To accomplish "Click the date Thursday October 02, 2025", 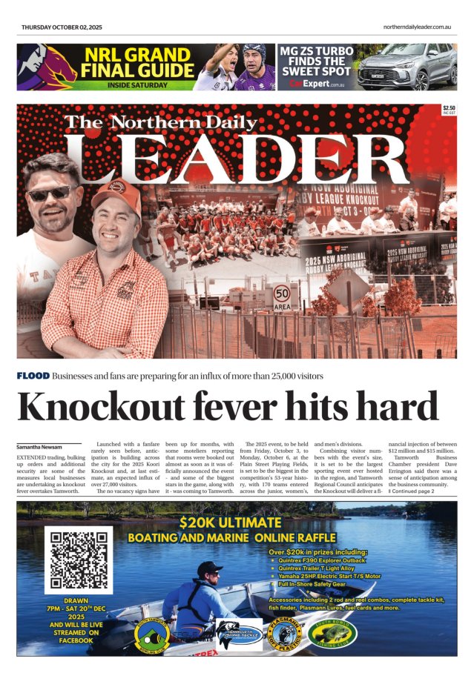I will [62, 27].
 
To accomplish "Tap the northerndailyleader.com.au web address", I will [417, 27].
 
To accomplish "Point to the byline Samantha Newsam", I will [41, 448].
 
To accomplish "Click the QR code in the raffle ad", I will [77, 560].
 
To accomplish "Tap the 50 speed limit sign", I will [283, 296].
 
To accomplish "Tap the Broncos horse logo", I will [44, 67].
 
